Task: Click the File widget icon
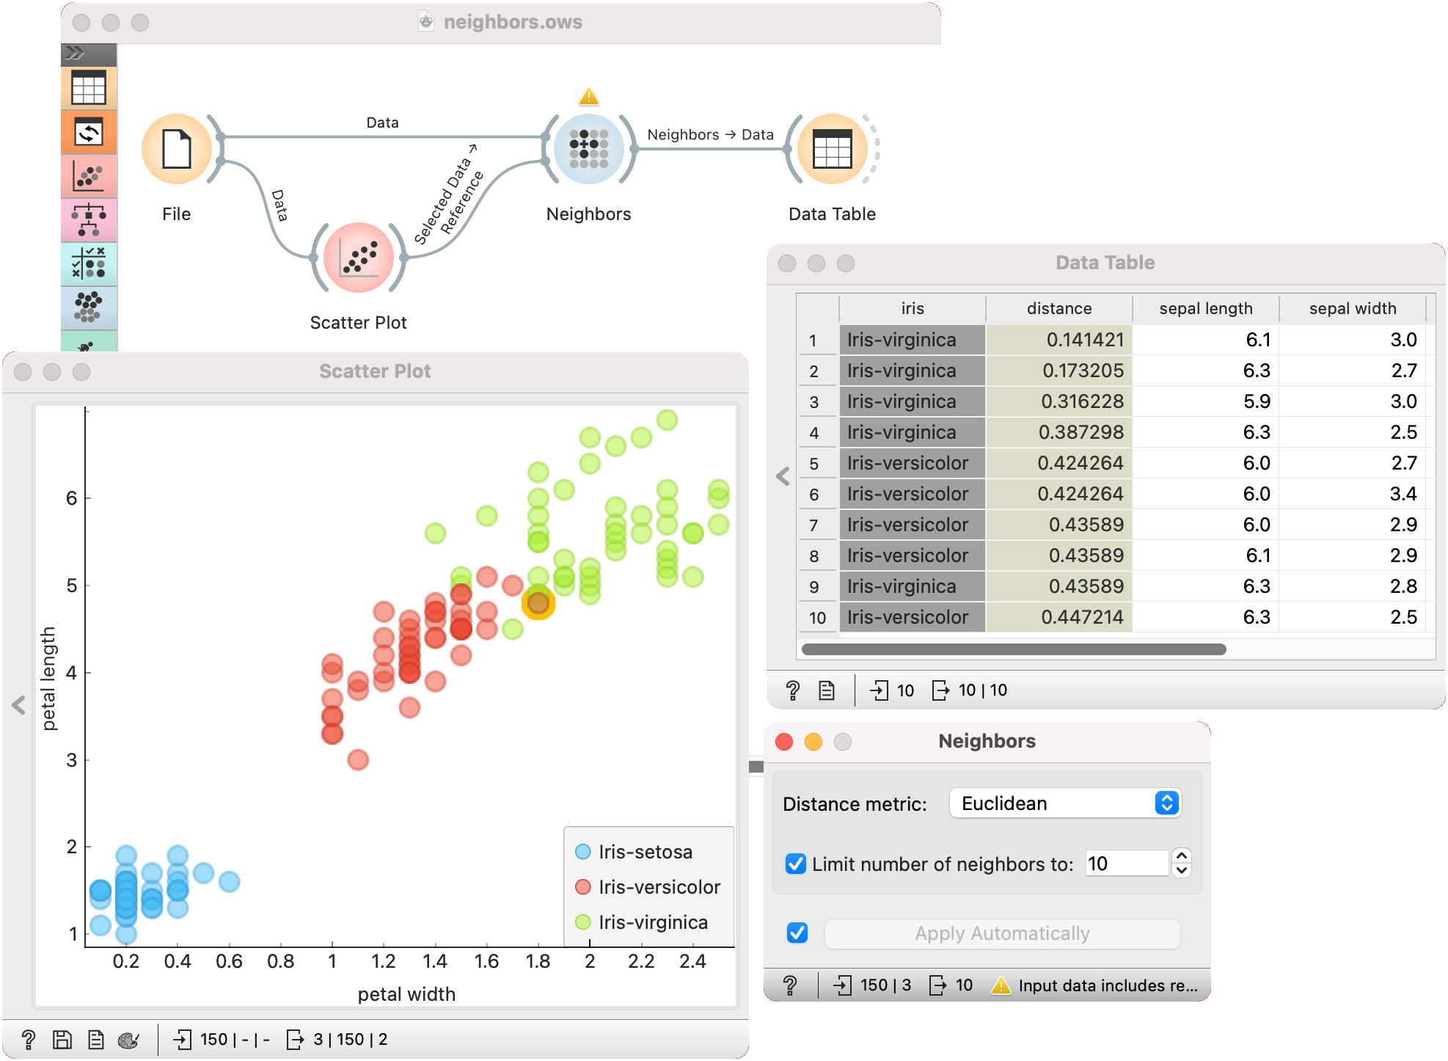point(177,149)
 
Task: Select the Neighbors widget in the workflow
point(588,149)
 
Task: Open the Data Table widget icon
point(832,149)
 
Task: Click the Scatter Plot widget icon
point(359,258)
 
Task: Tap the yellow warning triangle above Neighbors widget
point(588,97)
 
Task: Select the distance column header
point(1058,309)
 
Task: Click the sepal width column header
point(1352,309)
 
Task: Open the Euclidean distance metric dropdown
point(1065,803)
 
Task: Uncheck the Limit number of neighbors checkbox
point(796,864)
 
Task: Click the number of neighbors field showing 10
point(1126,864)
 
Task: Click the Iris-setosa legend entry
point(644,852)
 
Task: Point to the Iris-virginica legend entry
point(652,922)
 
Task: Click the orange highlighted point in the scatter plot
point(538,603)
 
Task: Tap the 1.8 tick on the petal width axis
point(538,961)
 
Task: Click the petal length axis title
point(48,679)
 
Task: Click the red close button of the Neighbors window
point(784,742)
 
